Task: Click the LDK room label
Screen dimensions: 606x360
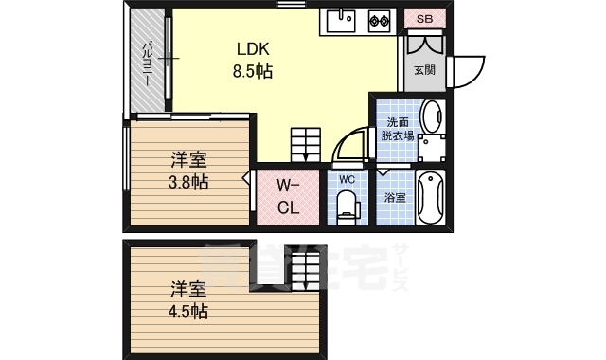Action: click(253, 49)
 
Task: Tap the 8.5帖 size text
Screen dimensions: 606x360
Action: click(253, 71)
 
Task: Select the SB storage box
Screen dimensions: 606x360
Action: click(425, 19)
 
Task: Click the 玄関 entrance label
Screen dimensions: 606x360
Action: click(425, 70)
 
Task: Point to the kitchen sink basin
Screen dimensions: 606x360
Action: click(341, 21)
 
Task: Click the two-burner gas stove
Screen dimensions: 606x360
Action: click(379, 21)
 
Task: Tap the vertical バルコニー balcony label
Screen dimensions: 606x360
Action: click(148, 64)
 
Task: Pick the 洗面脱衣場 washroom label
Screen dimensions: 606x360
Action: click(398, 129)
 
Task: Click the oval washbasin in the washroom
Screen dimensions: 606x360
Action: click(432, 116)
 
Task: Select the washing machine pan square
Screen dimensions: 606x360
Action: click(432, 148)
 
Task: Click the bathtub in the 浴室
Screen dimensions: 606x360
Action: click(431, 197)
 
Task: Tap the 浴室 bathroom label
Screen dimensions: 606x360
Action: click(395, 197)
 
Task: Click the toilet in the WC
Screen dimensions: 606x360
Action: click(348, 207)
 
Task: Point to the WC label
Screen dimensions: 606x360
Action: click(348, 179)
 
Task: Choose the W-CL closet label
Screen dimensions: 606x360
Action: click(288, 197)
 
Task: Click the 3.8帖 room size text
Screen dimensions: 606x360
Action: click(188, 182)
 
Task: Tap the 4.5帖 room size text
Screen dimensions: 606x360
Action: click(188, 312)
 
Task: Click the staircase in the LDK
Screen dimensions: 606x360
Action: click(306, 145)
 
